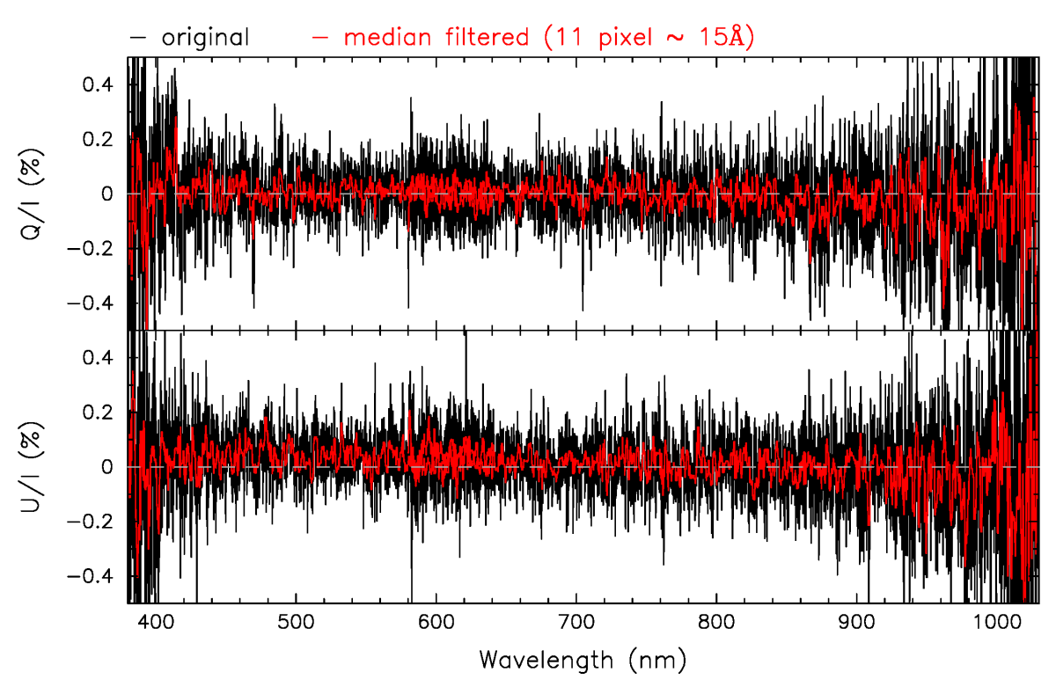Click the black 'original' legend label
212,38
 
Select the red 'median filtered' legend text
436,38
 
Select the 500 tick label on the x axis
296,622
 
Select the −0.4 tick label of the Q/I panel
92,303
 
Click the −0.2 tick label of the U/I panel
92,521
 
